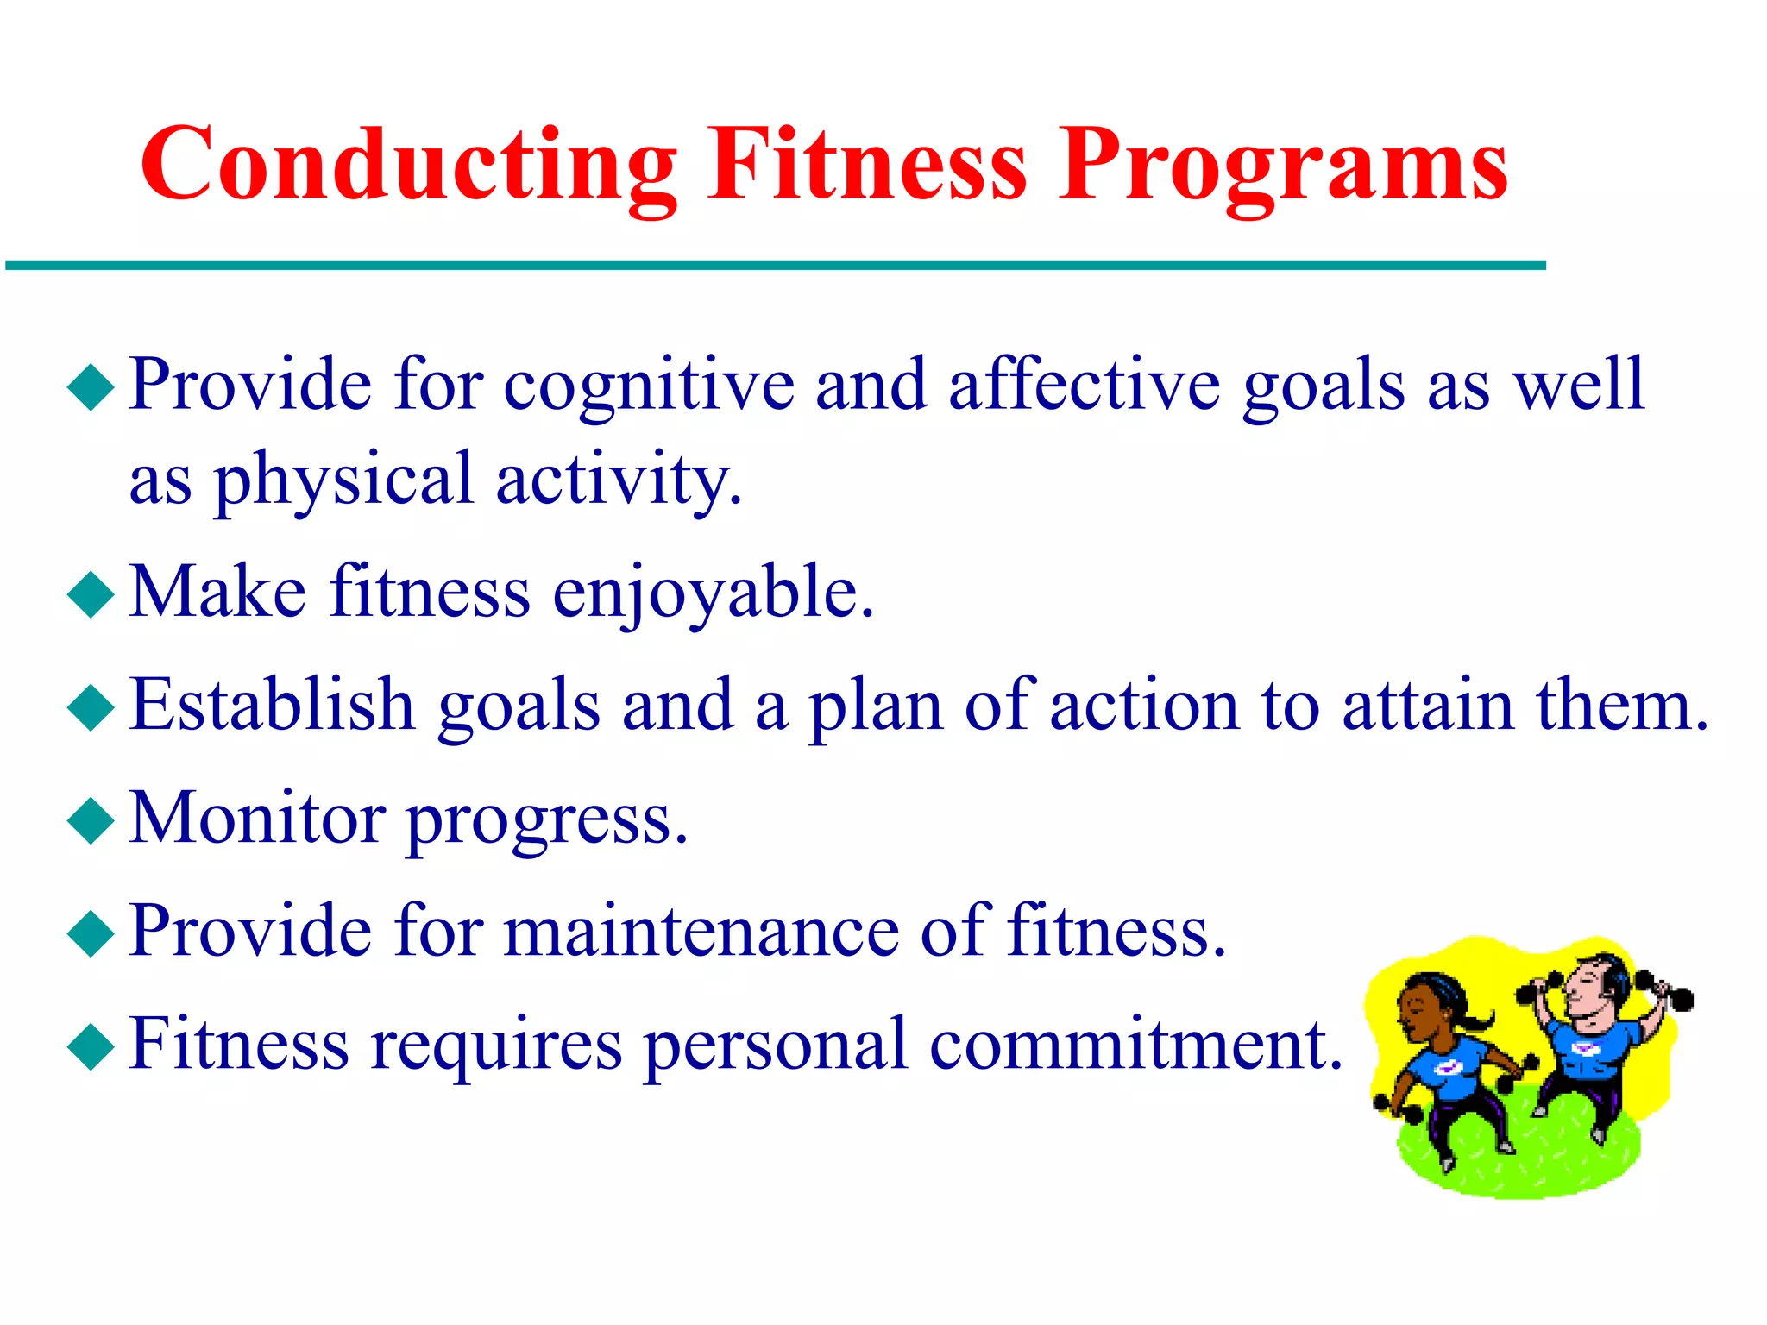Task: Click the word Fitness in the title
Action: pyautogui.click(x=867, y=164)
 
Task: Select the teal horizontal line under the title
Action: pyautogui.click(x=777, y=266)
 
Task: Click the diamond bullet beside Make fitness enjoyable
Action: pyautogui.click(x=91, y=594)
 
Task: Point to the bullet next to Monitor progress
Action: pyautogui.click(x=91, y=820)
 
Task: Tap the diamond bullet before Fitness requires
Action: pyautogui.click(x=91, y=1046)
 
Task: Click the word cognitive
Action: pyautogui.click(x=649, y=386)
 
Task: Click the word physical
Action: pyautogui.click(x=343, y=480)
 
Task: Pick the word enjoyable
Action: pyautogui.click(x=712, y=594)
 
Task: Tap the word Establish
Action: pyautogui.click(x=273, y=706)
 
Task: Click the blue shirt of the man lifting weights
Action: pyautogui.click(x=1588, y=1048)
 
